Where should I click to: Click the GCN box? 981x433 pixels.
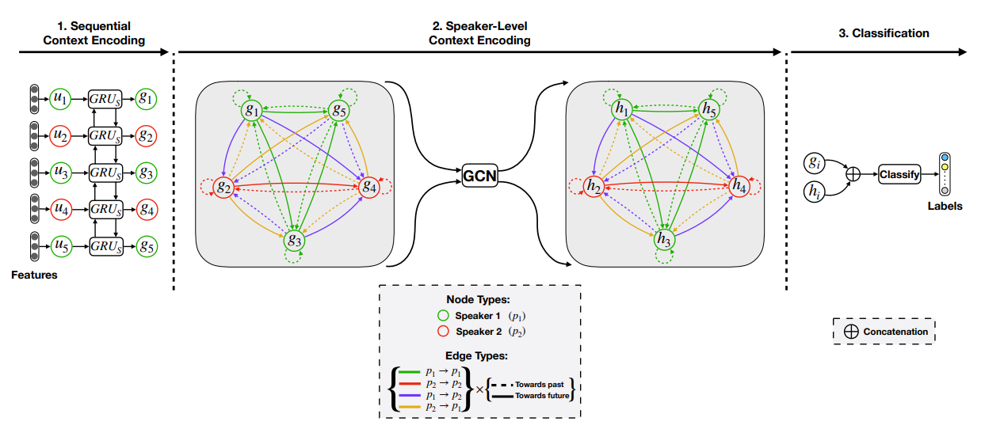[480, 175]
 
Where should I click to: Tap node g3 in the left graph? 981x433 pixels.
[295, 240]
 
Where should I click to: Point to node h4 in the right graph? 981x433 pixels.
[739, 187]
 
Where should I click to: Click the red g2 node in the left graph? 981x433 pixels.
[223, 188]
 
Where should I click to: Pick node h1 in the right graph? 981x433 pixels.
[622, 109]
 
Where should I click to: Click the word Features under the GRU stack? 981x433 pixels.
[34, 275]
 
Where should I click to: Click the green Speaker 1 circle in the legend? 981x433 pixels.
[443, 316]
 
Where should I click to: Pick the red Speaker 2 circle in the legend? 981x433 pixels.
[443, 332]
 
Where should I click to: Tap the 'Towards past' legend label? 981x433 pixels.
[542, 382]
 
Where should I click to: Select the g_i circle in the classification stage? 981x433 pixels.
[814, 162]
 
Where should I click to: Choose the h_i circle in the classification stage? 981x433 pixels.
[814, 190]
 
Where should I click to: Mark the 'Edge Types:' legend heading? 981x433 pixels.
[479, 357]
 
